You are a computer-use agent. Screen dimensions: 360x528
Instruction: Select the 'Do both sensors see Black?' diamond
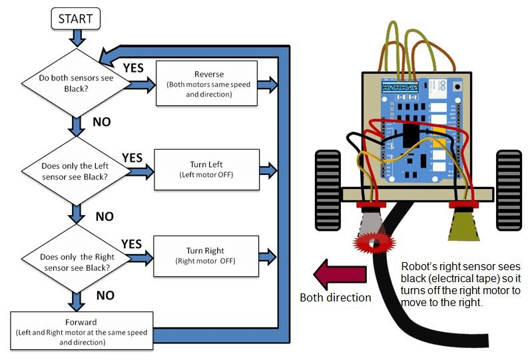[x=79, y=84]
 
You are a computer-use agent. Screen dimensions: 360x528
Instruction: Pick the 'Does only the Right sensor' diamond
[x=79, y=256]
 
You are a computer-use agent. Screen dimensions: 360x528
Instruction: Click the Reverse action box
[x=206, y=84]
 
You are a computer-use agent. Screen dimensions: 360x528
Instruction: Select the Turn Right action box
[x=206, y=256]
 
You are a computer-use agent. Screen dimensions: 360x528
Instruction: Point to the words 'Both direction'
[x=335, y=297]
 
